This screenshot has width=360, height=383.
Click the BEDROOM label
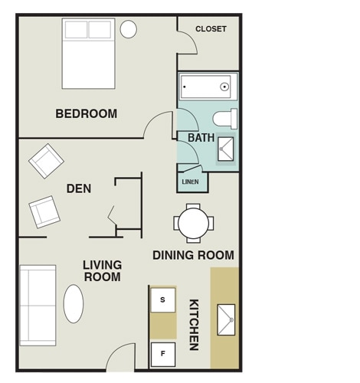click(87, 114)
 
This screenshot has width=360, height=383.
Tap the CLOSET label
click(211, 29)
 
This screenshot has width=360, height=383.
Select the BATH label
click(201, 138)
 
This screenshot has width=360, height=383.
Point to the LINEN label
click(191, 182)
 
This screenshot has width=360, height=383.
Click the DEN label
click(79, 188)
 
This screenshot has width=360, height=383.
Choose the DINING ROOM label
click(193, 255)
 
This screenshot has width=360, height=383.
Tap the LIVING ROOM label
click(103, 271)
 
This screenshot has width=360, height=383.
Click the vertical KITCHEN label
click(195, 325)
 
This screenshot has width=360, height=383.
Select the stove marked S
click(163, 300)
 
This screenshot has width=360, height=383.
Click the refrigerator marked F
click(163, 354)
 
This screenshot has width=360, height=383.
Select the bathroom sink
click(226, 148)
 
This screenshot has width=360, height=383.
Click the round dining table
click(194, 224)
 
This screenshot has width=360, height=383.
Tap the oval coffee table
click(74, 304)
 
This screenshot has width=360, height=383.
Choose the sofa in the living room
click(38, 305)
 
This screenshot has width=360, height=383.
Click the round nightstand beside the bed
click(129, 29)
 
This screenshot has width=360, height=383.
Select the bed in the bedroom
click(88, 54)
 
